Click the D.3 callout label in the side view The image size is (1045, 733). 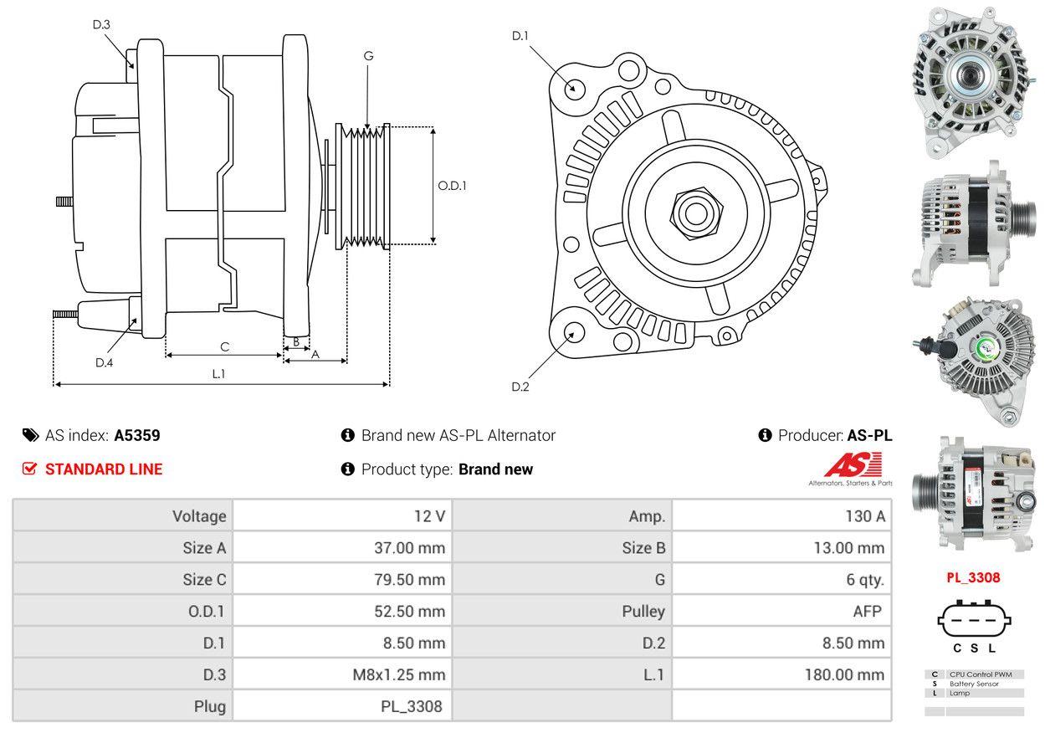point(101,24)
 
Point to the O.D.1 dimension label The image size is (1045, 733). point(452,186)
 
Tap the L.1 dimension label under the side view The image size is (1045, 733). point(218,374)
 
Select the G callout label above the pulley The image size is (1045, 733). point(368,56)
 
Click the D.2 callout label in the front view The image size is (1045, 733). point(520,387)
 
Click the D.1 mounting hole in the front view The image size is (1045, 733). point(574,87)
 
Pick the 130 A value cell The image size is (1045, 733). point(865,516)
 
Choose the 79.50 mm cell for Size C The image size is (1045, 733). point(409,580)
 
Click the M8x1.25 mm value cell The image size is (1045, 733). point(399,674)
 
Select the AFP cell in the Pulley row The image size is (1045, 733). point(867,612)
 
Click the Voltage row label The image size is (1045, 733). point(199,516)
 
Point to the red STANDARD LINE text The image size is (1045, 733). point(104,469)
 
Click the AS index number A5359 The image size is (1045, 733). point(137,435)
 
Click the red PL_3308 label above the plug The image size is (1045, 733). point(973,577)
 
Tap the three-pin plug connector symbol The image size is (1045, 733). point(975,620)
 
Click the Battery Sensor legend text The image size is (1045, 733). point(975,684)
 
